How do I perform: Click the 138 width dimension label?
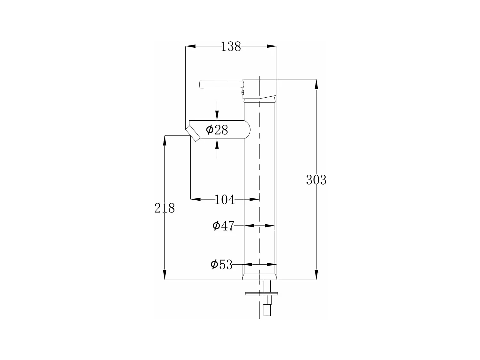231,46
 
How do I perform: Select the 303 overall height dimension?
316,180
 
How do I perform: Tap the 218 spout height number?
164,208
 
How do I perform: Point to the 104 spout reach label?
225,200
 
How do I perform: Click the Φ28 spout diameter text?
217,130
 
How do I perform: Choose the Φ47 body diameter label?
223,226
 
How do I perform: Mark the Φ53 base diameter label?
221,265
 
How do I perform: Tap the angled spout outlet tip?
193,134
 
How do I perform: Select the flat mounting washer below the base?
261,294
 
